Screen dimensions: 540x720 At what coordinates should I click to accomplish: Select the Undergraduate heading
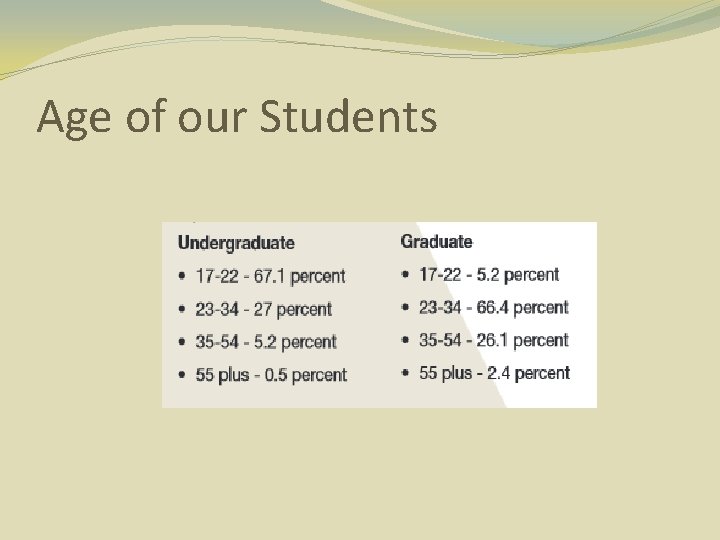click(236, 243)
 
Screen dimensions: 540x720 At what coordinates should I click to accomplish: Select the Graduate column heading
click(436, 241)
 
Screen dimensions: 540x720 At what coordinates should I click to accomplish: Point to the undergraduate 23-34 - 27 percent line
click(263, 309)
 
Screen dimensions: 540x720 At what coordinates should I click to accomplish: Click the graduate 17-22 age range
click(439, 274)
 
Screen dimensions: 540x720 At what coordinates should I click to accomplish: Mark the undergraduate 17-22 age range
click(216, 276)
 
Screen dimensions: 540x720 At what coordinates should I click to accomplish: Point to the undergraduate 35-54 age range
click(217, 342)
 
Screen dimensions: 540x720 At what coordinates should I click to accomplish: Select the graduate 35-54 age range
click(440, 340)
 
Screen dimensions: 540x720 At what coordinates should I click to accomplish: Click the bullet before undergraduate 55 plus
click(181, 376)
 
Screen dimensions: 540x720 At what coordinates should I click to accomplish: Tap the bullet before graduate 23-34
click(404, 308)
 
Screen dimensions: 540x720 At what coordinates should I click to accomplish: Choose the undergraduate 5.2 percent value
click(264, 342)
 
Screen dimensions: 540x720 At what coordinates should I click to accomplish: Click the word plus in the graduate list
click(456, 373)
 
